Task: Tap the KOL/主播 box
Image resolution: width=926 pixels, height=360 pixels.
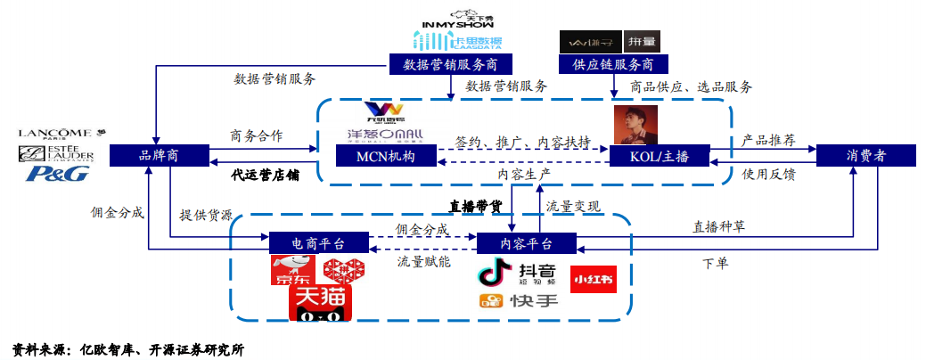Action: (659, 156)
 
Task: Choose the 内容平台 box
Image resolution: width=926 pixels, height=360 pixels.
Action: (527, 243)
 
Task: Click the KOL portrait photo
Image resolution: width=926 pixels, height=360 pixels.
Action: (635, 125)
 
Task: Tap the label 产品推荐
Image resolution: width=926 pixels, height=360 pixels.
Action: (768, 140)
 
